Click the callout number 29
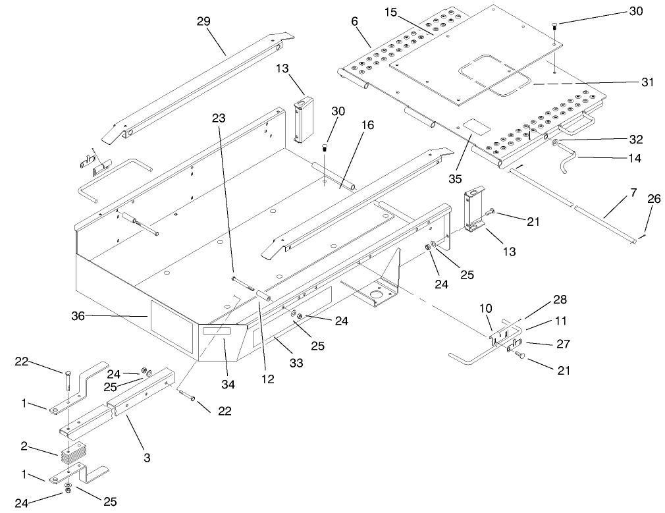[203, 21]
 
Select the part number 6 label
[355, 21]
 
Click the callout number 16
[367, 126]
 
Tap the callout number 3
[146, 455]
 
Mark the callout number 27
[564, 344]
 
